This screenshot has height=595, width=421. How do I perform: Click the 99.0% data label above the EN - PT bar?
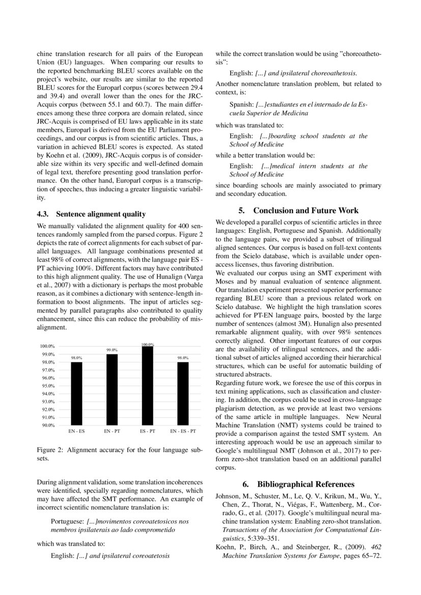111,350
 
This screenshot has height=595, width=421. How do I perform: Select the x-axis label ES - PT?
147,431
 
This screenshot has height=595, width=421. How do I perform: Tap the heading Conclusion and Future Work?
298,210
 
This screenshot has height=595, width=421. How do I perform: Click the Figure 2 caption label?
50,449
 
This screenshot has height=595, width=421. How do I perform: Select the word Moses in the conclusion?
226,280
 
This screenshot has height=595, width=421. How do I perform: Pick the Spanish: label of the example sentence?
242,104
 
